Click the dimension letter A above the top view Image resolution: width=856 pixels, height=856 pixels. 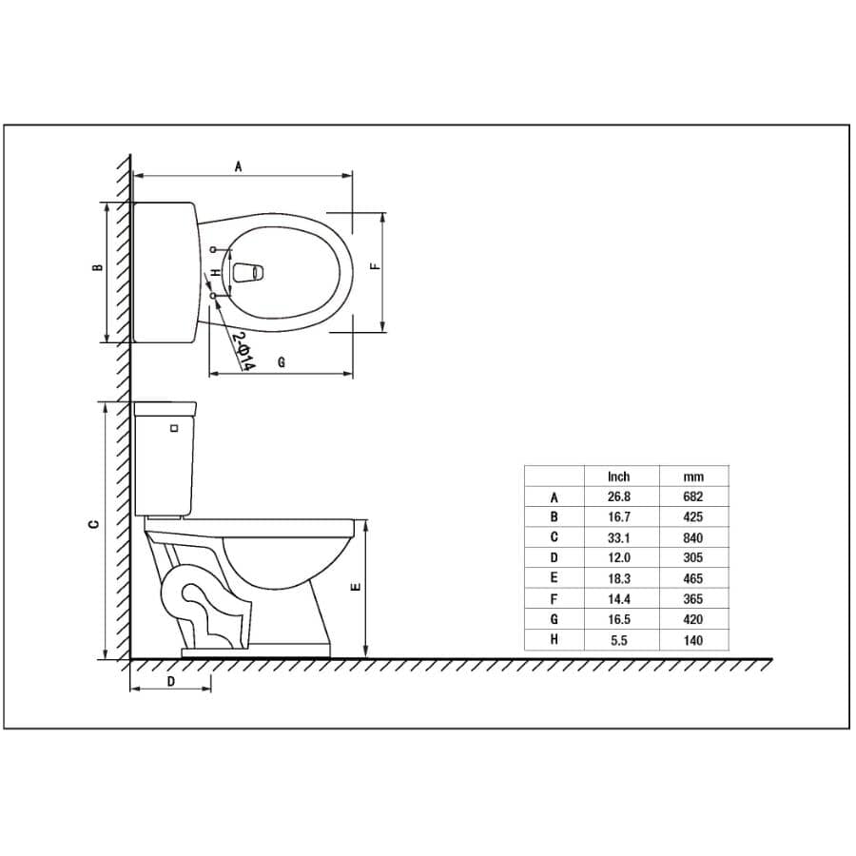pyautogui.click(x=239, y=166)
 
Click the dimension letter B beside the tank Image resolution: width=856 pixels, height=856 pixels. pyautogui.click(x=97, y=269)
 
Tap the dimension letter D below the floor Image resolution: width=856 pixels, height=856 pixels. pyautogui.click(x=170, y=681)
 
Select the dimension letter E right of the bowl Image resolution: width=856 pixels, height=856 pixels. pyautogui.click(x=355, y=588)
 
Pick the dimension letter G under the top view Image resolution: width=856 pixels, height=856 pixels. pyautogui.click(x=282, y=363)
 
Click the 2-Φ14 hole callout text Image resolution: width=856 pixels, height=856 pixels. pyautogui.click(x=242, y=351)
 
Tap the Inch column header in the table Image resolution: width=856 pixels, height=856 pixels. pyautogui.click(x=619, y=477)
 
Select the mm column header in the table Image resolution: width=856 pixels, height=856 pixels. pyautogui.click(x=693, y=477)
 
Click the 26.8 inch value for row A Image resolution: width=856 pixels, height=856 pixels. pyautogui.click(x=619, y=496)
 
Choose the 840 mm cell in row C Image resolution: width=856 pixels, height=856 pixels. pyautogui.click(x=693, y=537)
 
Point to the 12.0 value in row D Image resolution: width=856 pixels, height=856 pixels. pyautogui.click(x=619, y=558)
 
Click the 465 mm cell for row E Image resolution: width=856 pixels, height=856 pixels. pyautogui.click(x=693, y=578)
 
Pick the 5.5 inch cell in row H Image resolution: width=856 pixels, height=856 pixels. pyautogui.click(x=619, y=640)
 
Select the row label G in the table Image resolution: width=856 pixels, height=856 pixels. pyautogui.click(x=554, y=619)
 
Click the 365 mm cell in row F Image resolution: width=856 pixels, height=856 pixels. pyautogui.click(x=693, y=599)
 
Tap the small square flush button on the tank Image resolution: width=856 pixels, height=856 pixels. pyautogui.click(x=173, y=428)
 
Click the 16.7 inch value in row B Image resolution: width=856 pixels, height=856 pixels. pyautogui.click(x=619, y=517)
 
